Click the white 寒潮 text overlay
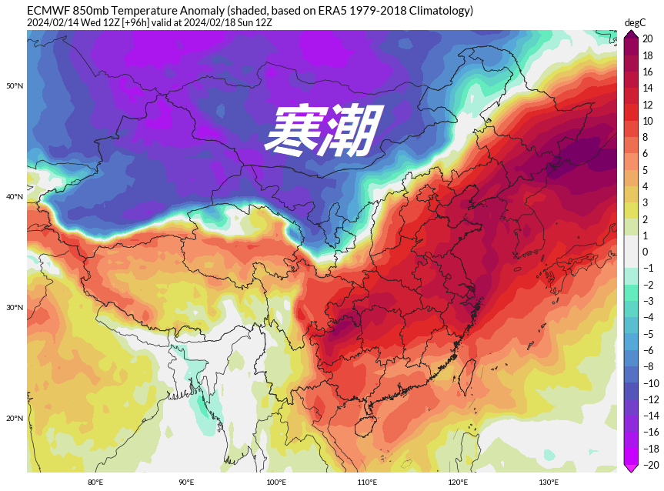pyautogui.click(x=323, y=130)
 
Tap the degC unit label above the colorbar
pyautogui.click(x=635, y=23)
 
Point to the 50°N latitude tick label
pyautogui.click(x=15, y=85)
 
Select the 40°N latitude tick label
pyautogui.click(x=15, y=197)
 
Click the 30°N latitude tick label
pyautogui.click(x=15, y=308)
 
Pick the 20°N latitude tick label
pyautogui.click(x=15, y=419)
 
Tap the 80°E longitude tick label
pyautogui.click(x=95, y=483)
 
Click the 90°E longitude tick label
pyautogui.click(x=186, y=483)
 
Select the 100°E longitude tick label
pyautogui.click(x=276, y=483)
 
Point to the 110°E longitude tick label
pyautogui.click(x=367, y=483)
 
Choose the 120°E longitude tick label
pyautogui.click(x=458, y=483)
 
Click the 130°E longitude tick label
pyautogui.click(x=549, y=483)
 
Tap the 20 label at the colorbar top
pyautogui.click(x=648, y=38)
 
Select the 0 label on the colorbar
pyautogui.click(x=646, y=252)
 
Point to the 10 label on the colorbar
pyautogui.click(x=648, y=121)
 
